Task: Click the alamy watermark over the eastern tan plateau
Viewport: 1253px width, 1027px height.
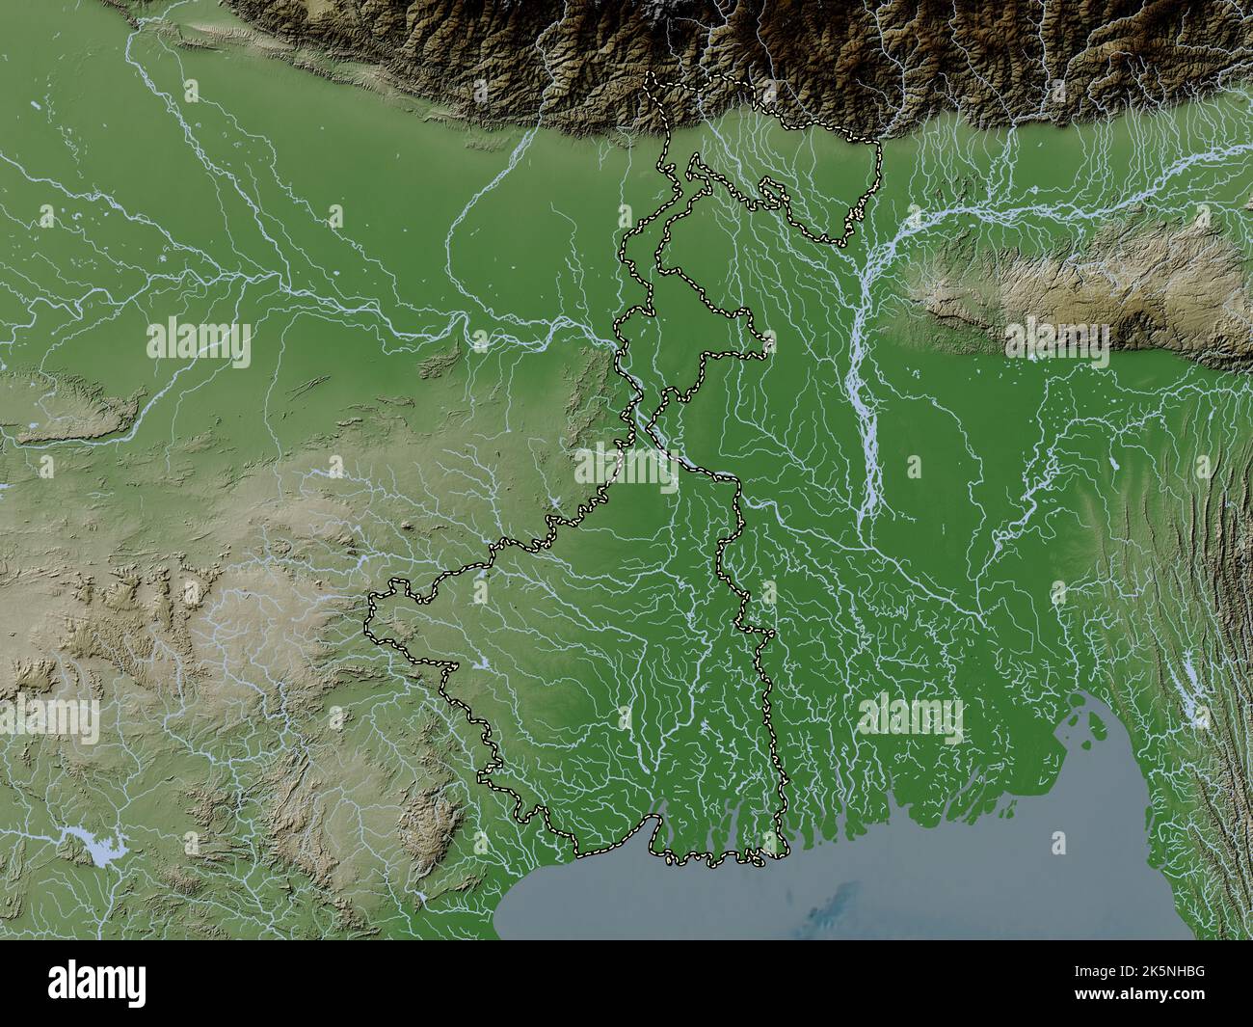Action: [1056, 340]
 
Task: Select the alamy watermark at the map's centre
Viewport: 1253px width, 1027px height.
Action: [626, 467]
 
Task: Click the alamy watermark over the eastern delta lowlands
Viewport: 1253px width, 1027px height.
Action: [910, 716]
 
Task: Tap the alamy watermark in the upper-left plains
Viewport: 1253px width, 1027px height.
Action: [199, 340]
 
